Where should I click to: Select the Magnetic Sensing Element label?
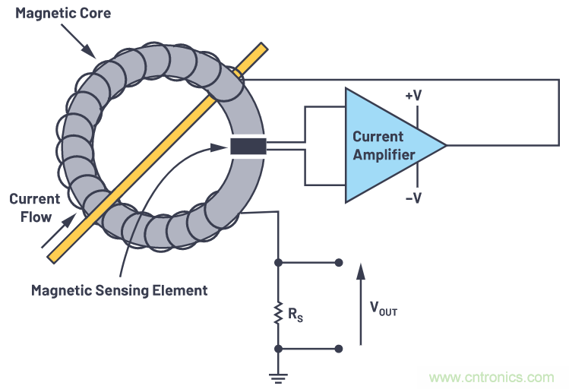pyautogui.click(x=119, y=290)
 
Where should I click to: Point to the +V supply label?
pyautogui.click(x=414, y=96)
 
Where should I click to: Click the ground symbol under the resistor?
pyautogui.click(x=279, y=374)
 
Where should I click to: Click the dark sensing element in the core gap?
pyautogui.click(x=248, y=146)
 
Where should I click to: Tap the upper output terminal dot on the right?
pyautogui.click(x=339, y=263)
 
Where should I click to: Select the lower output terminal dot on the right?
pyautogui.click(x=339, y=349)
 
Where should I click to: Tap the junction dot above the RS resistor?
pyautogui.click(x=279, y=263)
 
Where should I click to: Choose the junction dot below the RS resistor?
pyautogui.click(x=279, y=349)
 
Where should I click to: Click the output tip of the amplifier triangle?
pyautogui.click(x=445, y=145)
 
